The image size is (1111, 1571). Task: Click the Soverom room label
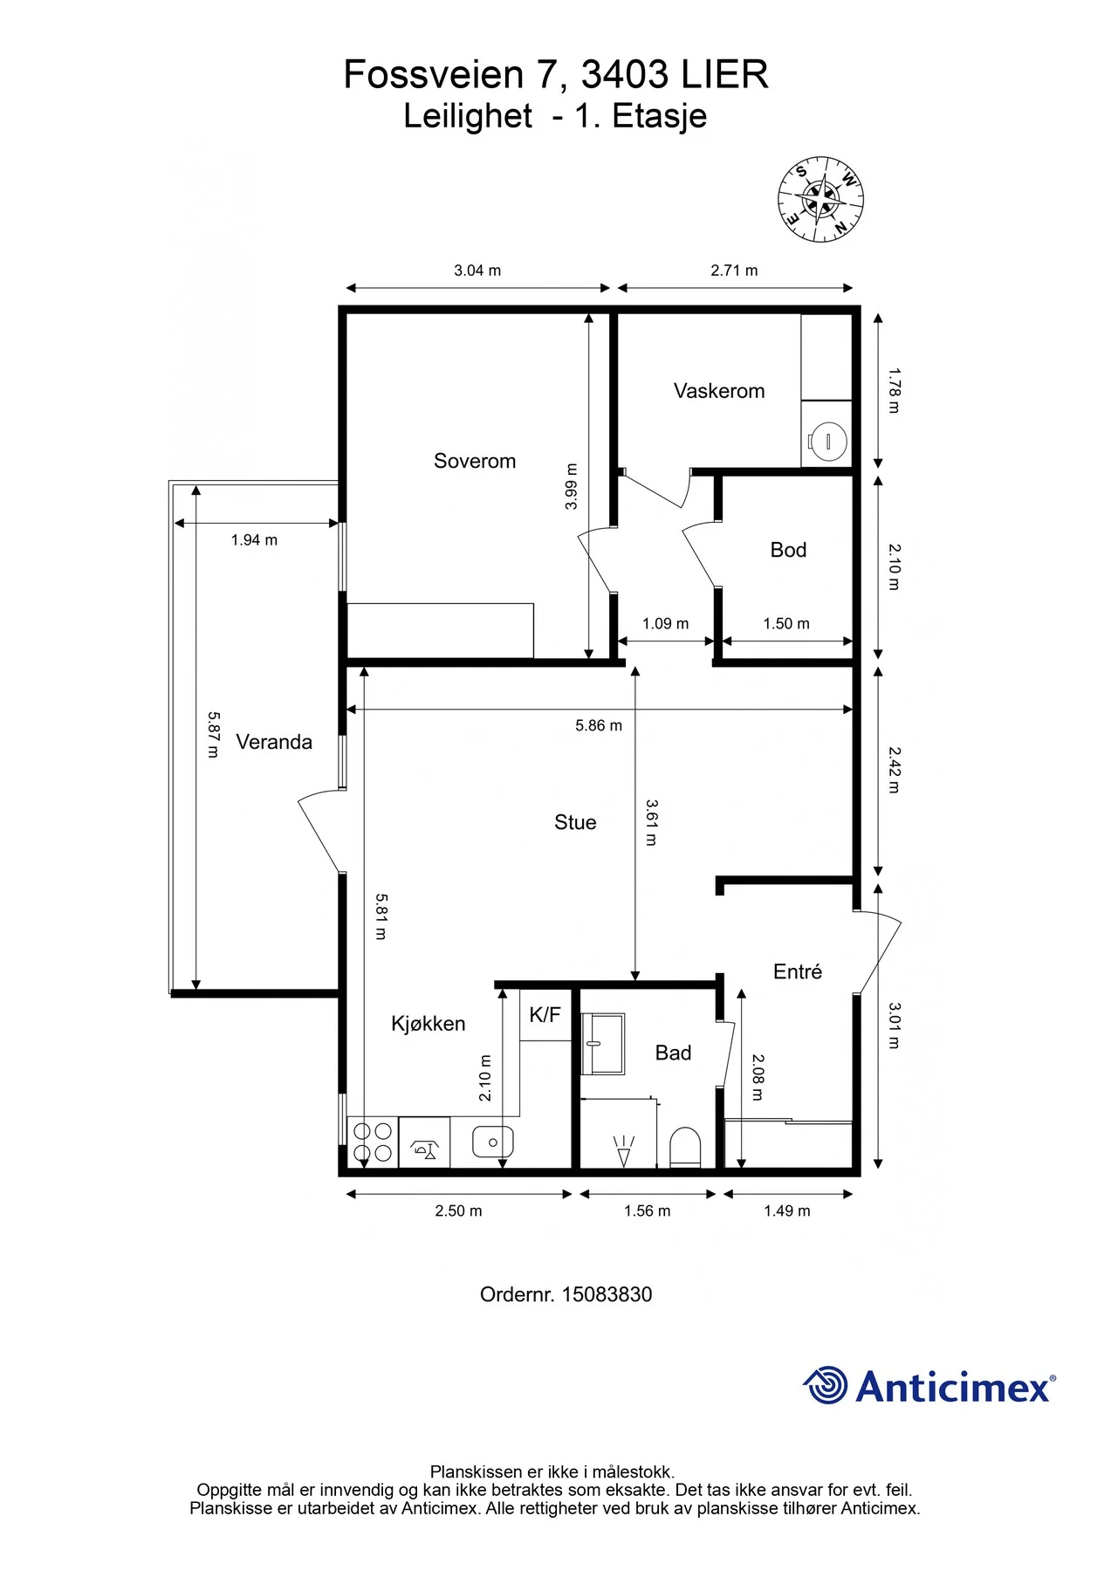coord(475,461)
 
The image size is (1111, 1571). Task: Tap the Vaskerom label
coord(719,391)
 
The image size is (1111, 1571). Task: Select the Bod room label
coord(788,550)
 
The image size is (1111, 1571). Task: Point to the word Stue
coord(575,822)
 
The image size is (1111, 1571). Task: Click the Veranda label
coord(274,742)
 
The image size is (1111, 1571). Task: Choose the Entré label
coord(798,971)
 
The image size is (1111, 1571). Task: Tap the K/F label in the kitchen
coord(545,1014)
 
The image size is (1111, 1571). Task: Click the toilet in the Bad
coord(686,1147)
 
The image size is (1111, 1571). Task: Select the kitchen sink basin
coord(493,1142)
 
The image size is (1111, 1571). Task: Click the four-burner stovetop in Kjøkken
coord(373,1142)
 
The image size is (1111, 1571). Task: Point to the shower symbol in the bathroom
coord(623,1151)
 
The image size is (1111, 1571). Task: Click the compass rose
coord(821,200)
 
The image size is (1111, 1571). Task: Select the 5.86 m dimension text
coord(599,725)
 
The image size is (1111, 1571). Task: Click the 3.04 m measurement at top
coord(477,271)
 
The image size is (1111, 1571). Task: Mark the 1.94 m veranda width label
coord(254,540)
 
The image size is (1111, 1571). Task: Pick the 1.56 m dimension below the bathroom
coord(648,1211)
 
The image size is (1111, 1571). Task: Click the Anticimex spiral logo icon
coord(825,1385)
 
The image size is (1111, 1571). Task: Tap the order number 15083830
coord(607,1294)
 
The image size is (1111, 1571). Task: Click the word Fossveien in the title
coord(434,74)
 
